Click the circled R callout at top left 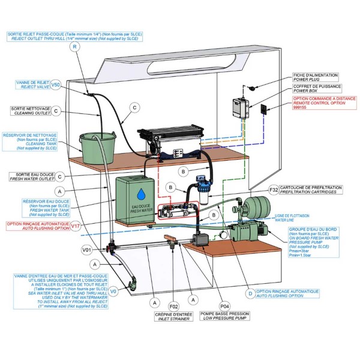(74, 47)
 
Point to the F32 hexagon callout (274, 190)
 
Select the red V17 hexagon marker (75, 226)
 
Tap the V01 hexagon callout (86, 248)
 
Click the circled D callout (250, 293)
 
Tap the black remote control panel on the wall (264, 109)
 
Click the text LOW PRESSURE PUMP (225, 319)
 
